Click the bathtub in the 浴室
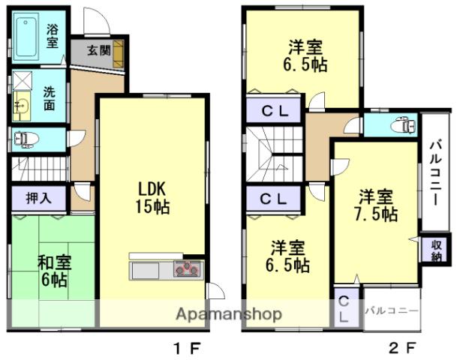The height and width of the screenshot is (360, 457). pyautogui.click(x=26, y=37)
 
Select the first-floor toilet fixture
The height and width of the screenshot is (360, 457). pyautogui.click(x=26, y=139)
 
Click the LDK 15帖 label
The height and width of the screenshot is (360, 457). pyautogui.click(x=152, y=198)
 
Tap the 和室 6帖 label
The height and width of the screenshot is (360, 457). pyautogui.click(x=54, y=271)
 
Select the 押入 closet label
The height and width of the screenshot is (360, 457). pyautogui.click(x=39, y=198)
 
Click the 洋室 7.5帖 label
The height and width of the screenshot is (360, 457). pyautogui.click(x=375, y=205)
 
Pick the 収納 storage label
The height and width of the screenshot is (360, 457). pyautogui.click(x=436, y=250)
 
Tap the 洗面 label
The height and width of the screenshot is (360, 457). pyautogui.click(x=50, y=99)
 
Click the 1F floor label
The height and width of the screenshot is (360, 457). pyautogui.click(x=187, y=348)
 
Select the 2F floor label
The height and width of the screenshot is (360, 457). pyautogui.click(x=402, y=348)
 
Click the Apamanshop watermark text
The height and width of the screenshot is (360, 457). pyautogui.click(x=229, y=314)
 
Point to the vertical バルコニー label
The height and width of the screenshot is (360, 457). pyautogui.click(x=436, y=173)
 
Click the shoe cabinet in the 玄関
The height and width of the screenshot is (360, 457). pyautogui.click(x=119, y=54)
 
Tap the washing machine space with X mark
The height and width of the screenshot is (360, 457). pyautogui.click(x=23, y=80)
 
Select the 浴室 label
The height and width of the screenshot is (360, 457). pyautogui.click(x=52, y=36)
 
